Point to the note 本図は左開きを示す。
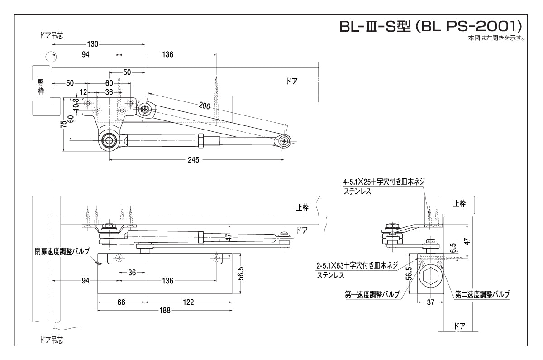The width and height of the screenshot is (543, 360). point(495,38)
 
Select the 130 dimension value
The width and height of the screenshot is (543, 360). point(92,44)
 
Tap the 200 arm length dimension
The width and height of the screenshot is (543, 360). point(204,106)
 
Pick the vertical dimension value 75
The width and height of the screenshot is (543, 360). point(64,124)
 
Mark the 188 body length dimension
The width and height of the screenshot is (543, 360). point(165,310)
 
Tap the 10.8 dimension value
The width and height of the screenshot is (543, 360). point(76,105)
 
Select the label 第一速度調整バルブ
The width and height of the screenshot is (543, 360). point(372,294)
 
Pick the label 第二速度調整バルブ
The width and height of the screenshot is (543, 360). point(482,294)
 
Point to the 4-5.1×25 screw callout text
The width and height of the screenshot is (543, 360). point(384,182)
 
